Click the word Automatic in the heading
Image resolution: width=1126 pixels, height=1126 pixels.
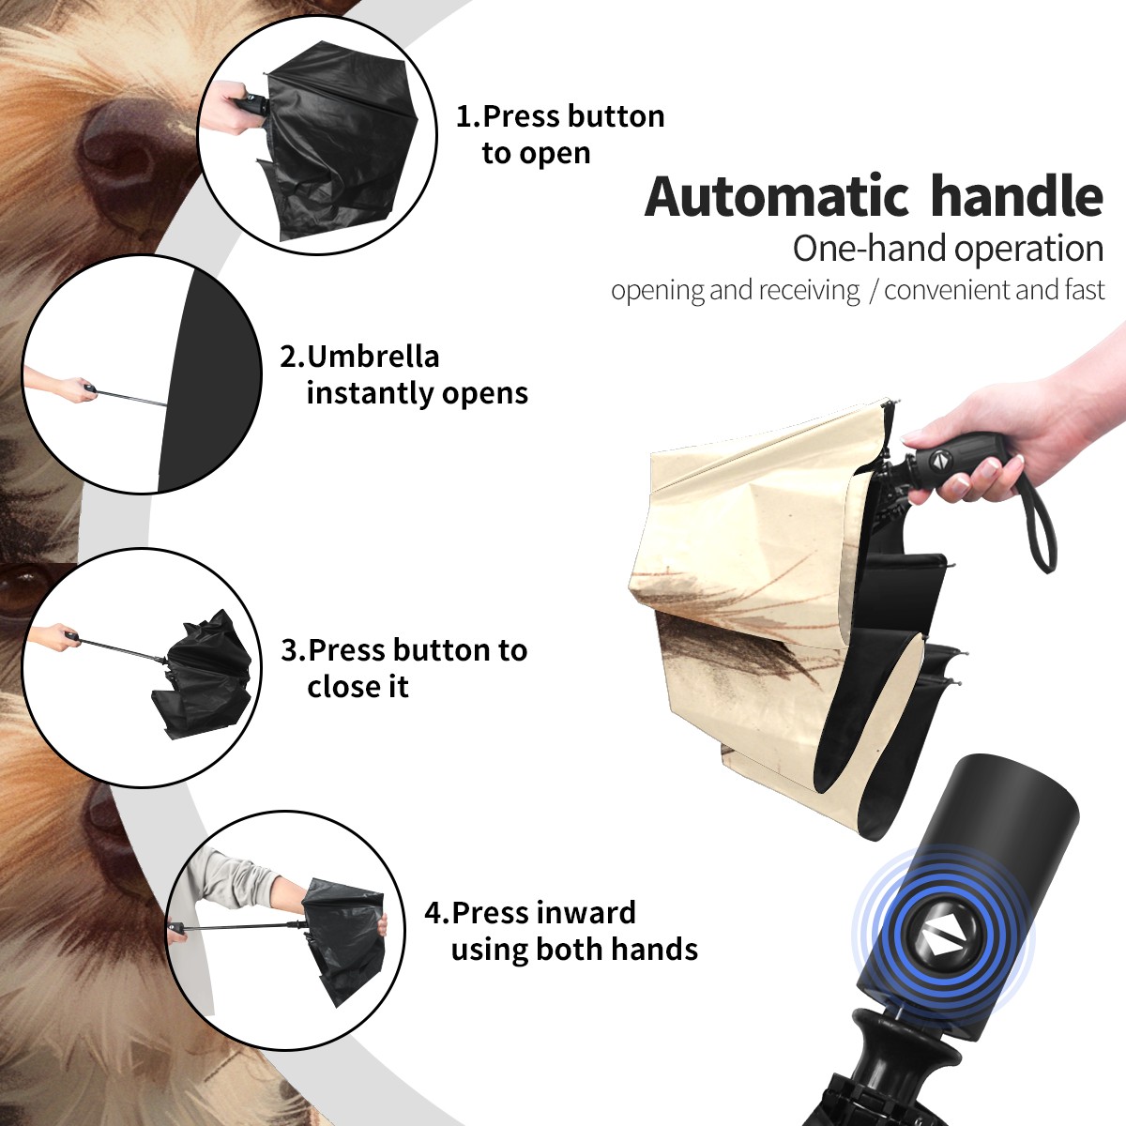(x=777, y=197)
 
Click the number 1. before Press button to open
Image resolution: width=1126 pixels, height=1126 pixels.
(x=468, y=116)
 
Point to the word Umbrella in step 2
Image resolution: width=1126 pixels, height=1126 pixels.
(x=373, y=357)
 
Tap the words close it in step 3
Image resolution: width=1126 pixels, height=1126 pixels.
(x=358, y=686)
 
